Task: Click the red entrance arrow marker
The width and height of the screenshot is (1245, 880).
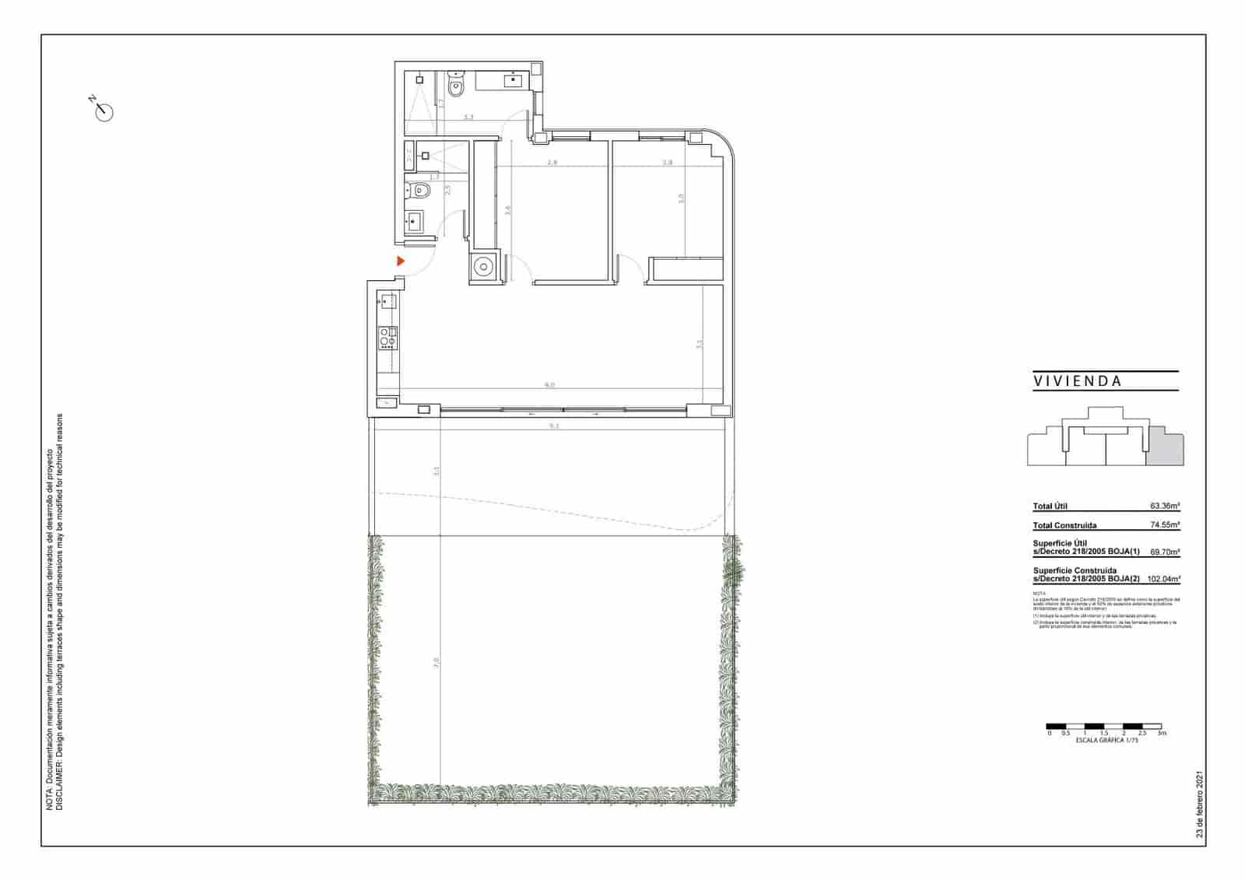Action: click(x=401, y=261)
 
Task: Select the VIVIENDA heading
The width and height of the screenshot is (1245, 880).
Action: click(x=1078, y=382)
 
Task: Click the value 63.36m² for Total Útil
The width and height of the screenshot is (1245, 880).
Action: click(x=1165, y=506)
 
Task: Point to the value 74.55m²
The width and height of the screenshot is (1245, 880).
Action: click(x=1165, y=525)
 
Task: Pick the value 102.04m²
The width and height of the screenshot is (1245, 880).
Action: click(x=1163, y=579)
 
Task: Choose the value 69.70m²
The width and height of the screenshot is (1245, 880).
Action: click(x=1165, y=552)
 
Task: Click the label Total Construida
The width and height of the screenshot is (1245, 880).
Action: click(x=1064, y=526)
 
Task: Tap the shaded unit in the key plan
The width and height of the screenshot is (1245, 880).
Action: click(x=1166, y=446)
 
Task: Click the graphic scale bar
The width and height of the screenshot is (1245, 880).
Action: click(x=1103, y=726)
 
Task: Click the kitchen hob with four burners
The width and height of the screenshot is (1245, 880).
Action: click(x=388, y=338)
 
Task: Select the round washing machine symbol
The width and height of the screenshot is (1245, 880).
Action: click(x=483, y=267)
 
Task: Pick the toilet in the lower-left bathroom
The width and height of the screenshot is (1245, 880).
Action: click(x=419, y=189)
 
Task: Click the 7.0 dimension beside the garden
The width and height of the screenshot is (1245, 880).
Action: click(x=436, y=663)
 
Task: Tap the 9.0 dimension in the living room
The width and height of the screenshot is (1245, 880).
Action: click(x=549, y=385)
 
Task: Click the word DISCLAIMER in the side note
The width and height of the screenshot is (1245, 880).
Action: click(x=59, y=786)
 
